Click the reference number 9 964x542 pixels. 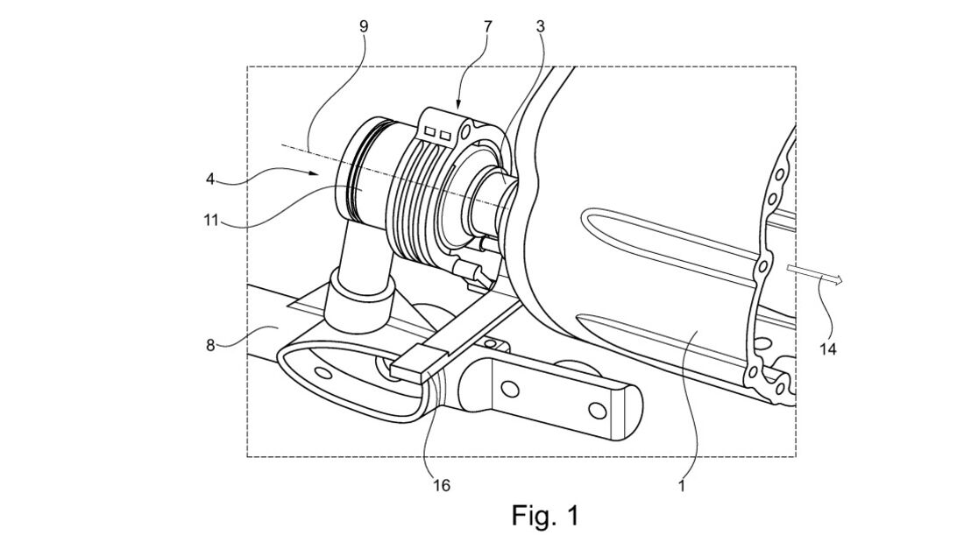pos(364,26)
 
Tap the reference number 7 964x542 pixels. pos(488,26)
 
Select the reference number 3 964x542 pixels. pos(540,26)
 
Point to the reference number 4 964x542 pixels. pos(210,179)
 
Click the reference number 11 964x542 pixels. pos(211,220)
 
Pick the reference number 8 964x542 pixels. pos(210,345)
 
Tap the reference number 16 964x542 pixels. pos(442,485)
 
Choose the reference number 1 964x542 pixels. pos(681,485)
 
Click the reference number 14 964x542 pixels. pos(828,349)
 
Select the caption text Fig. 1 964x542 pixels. pos(545,515)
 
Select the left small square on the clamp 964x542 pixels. pos(431,131)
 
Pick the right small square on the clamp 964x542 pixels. pos(445,133)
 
